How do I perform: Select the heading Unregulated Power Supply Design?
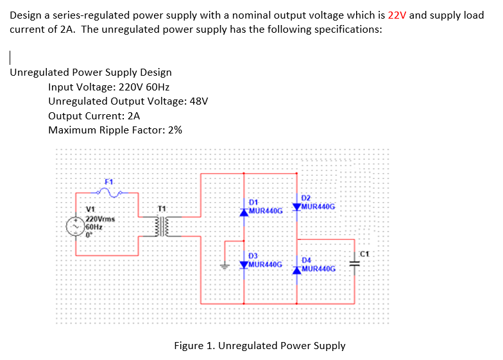coord(90,73)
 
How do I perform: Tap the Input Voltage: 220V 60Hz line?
coord(108,87)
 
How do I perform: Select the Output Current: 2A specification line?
coord(94,116)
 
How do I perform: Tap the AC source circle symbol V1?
coord(76,227)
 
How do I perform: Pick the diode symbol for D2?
coord(296,207)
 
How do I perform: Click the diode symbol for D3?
coord(244,264)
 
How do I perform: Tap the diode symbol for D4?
coord(296,269)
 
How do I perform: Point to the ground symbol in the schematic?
coord(225,264)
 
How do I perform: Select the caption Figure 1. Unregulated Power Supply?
coord(259,345)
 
